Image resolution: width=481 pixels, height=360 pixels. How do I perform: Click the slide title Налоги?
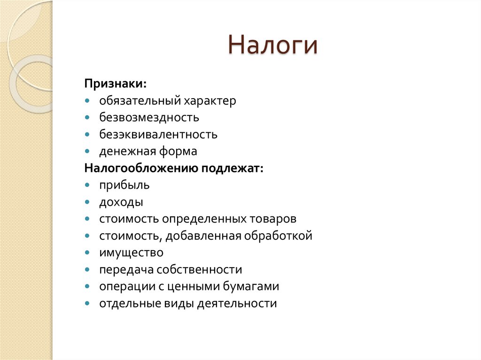273,46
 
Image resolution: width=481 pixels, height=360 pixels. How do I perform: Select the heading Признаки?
116,84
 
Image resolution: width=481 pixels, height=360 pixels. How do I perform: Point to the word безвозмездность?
149,117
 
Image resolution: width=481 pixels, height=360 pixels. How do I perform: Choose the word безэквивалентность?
158,134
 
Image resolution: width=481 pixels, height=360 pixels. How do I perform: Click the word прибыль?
124,185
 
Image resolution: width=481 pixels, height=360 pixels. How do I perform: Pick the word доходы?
121,202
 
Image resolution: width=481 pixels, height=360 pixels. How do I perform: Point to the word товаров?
274,219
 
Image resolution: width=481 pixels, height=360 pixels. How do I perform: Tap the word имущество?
131,253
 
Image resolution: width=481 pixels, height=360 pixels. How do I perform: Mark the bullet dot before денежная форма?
88,152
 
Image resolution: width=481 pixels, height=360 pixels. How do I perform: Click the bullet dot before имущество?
88,253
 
